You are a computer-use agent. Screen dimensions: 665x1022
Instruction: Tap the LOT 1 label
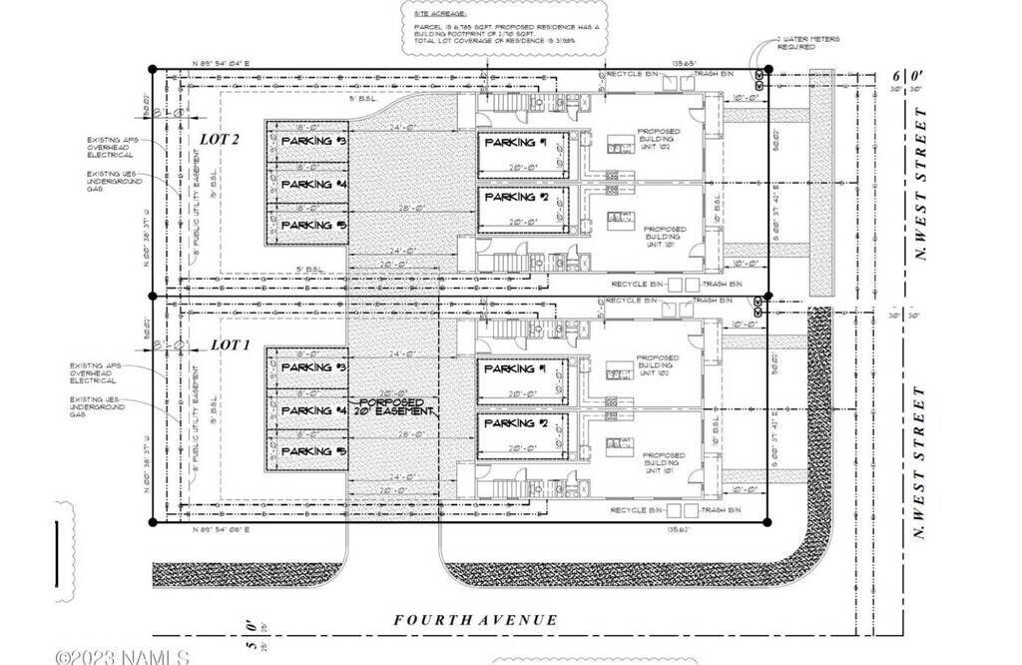229,344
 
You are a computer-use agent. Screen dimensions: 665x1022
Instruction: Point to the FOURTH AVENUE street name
475,620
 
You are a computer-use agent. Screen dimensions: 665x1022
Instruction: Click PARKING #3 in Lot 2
312,142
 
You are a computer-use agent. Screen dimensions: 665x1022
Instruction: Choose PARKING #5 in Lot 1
312,451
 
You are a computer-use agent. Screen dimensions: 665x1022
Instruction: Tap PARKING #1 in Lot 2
516,143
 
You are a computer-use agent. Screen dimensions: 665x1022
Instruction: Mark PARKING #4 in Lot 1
312,410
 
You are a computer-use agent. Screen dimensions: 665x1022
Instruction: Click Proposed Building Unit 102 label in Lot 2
660,139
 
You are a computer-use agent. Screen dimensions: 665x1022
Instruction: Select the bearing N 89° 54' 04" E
221,63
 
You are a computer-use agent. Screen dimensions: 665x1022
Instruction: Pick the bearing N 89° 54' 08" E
221,529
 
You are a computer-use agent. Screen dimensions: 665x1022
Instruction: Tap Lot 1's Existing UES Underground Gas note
95,405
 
